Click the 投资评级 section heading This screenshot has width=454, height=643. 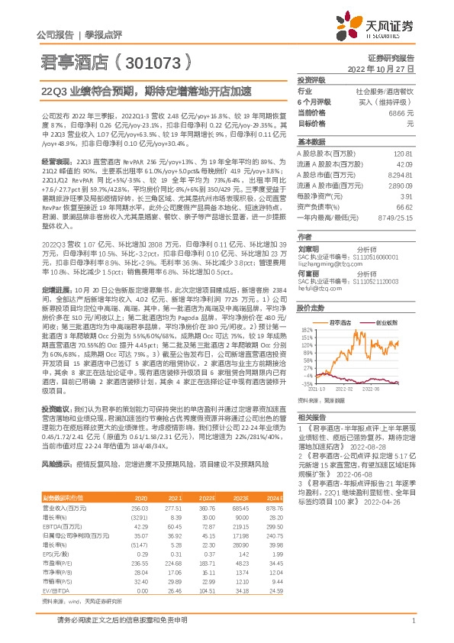[x=311, y=80]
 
